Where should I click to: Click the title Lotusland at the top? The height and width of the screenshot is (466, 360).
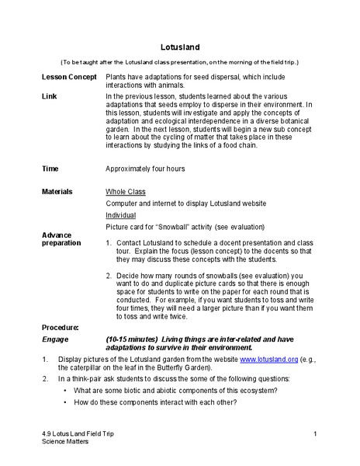pos(179,46)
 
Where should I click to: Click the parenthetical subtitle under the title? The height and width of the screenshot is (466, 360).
pos(179,61)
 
